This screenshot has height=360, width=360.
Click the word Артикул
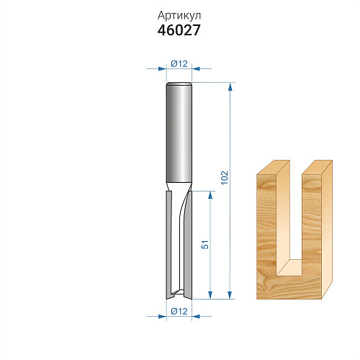click(179, 17)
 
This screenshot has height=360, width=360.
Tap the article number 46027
click(179, 30)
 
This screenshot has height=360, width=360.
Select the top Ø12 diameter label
click(179, 64)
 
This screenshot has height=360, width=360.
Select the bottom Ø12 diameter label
click(179, 311)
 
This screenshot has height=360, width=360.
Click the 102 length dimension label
click(225, 178)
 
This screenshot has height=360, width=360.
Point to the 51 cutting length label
click(205, 245)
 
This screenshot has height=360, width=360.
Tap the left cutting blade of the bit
click(169, 245)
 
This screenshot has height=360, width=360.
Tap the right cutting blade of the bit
click(188, 245)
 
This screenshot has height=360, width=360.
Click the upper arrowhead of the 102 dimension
click(230, 87)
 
